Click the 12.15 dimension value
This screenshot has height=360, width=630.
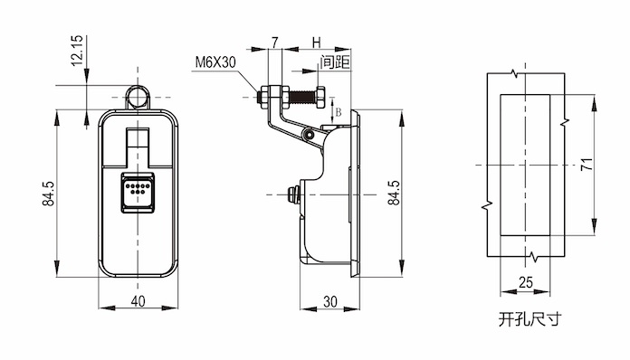click(x=77, y=50)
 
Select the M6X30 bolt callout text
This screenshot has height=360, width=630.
click(x=215, y=62)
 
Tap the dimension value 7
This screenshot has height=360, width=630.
click(x=275, y=43)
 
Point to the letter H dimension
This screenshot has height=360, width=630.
click(x=317, y=43)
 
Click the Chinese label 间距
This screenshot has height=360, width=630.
click(x=335, y=62)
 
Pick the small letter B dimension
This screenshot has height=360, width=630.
click(x=339, y=112)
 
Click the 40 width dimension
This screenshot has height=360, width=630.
click(x=138, y=301)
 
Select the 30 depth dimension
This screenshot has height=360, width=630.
click(x=330, y=301)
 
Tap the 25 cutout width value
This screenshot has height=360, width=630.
click(x=526, y=282)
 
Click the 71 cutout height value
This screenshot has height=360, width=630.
click(x=587, y=164)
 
